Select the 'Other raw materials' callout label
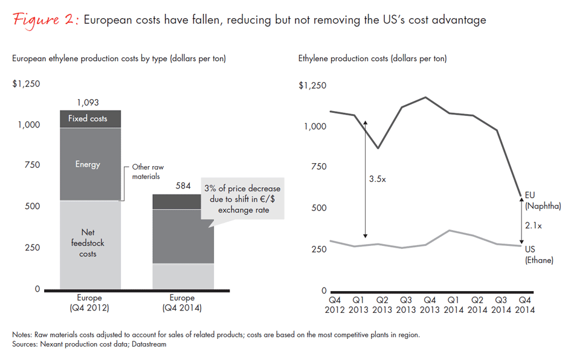pyautogui.click(x=148, y=171)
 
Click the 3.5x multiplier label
pyautogui.click(x=378, y=179)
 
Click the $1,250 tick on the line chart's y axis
pyautogui.click(x=312, y=86)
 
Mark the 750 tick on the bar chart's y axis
pyautogui.click(x=30, y=165)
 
